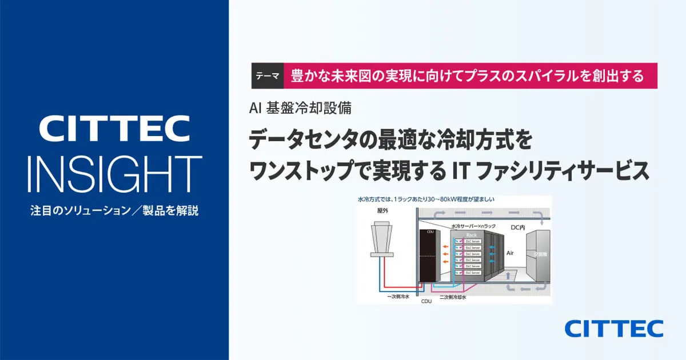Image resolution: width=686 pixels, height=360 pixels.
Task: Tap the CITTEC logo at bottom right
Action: click(x=614, y=329)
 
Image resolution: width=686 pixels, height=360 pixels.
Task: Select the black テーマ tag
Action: click(x=268, y=75)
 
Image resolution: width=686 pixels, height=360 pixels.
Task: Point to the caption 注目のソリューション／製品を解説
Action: click(x=114, y=210)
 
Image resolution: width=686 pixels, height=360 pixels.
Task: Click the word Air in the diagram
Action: click(x=510, y=251)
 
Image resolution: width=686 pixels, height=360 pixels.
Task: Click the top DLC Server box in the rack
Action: click(x=473, y=241)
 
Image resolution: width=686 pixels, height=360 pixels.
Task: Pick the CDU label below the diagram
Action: click(x=426, y=301)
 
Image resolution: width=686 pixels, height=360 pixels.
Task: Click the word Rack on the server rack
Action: click(x=472, y=234)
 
